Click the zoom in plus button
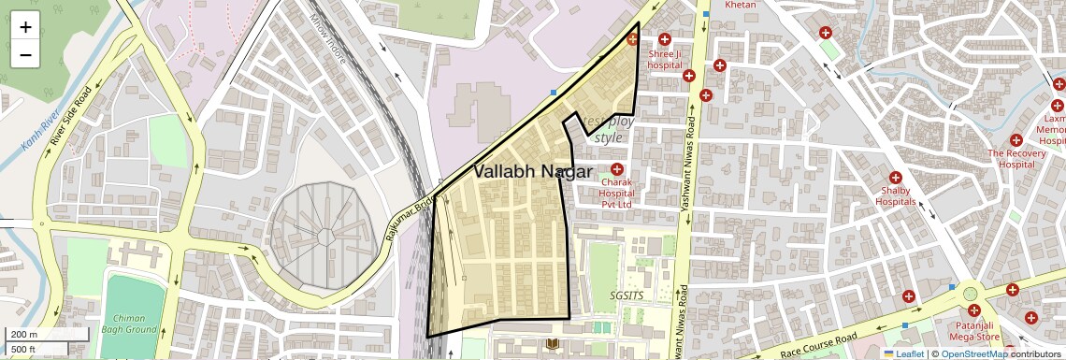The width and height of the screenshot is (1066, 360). coord(25,27)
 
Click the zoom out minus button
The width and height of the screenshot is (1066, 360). coord(25,54)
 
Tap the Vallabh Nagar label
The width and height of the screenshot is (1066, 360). coord(532,172)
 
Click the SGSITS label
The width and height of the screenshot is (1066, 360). coord(627,294)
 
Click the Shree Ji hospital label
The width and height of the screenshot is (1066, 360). coord(665,60)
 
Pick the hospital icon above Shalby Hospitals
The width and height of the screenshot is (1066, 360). coord(895,178)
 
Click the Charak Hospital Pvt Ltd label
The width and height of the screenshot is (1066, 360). coord(616,194)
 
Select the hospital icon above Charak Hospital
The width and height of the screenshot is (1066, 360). coord(616,168)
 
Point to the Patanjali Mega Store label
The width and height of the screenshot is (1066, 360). coord(974,330)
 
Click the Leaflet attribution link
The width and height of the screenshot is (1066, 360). coord(908,353)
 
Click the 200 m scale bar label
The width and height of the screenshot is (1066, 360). coord(22,335)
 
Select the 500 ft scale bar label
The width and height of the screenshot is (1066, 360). coord(22,350)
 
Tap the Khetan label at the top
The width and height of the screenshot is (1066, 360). coord(733,5)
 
